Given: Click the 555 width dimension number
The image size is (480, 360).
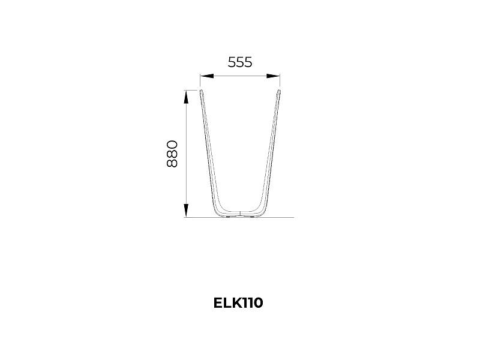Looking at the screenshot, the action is (x=240, y=62).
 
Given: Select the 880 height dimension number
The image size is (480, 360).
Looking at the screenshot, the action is (x=172, y=154).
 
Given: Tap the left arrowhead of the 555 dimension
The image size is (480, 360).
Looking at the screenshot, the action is (x=206, y=76).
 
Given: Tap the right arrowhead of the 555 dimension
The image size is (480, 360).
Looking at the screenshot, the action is (x=274, y=76).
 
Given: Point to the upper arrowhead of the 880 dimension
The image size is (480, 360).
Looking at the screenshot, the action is (x=186, y=97).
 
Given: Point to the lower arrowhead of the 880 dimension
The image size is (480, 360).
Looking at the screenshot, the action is (x=186, y=211).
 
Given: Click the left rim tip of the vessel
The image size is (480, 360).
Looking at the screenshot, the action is (x=201, y=91).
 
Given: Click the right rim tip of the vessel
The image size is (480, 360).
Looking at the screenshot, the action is (x=279, y=91).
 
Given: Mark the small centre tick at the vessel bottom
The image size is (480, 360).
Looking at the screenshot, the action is (x=241, y=213).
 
